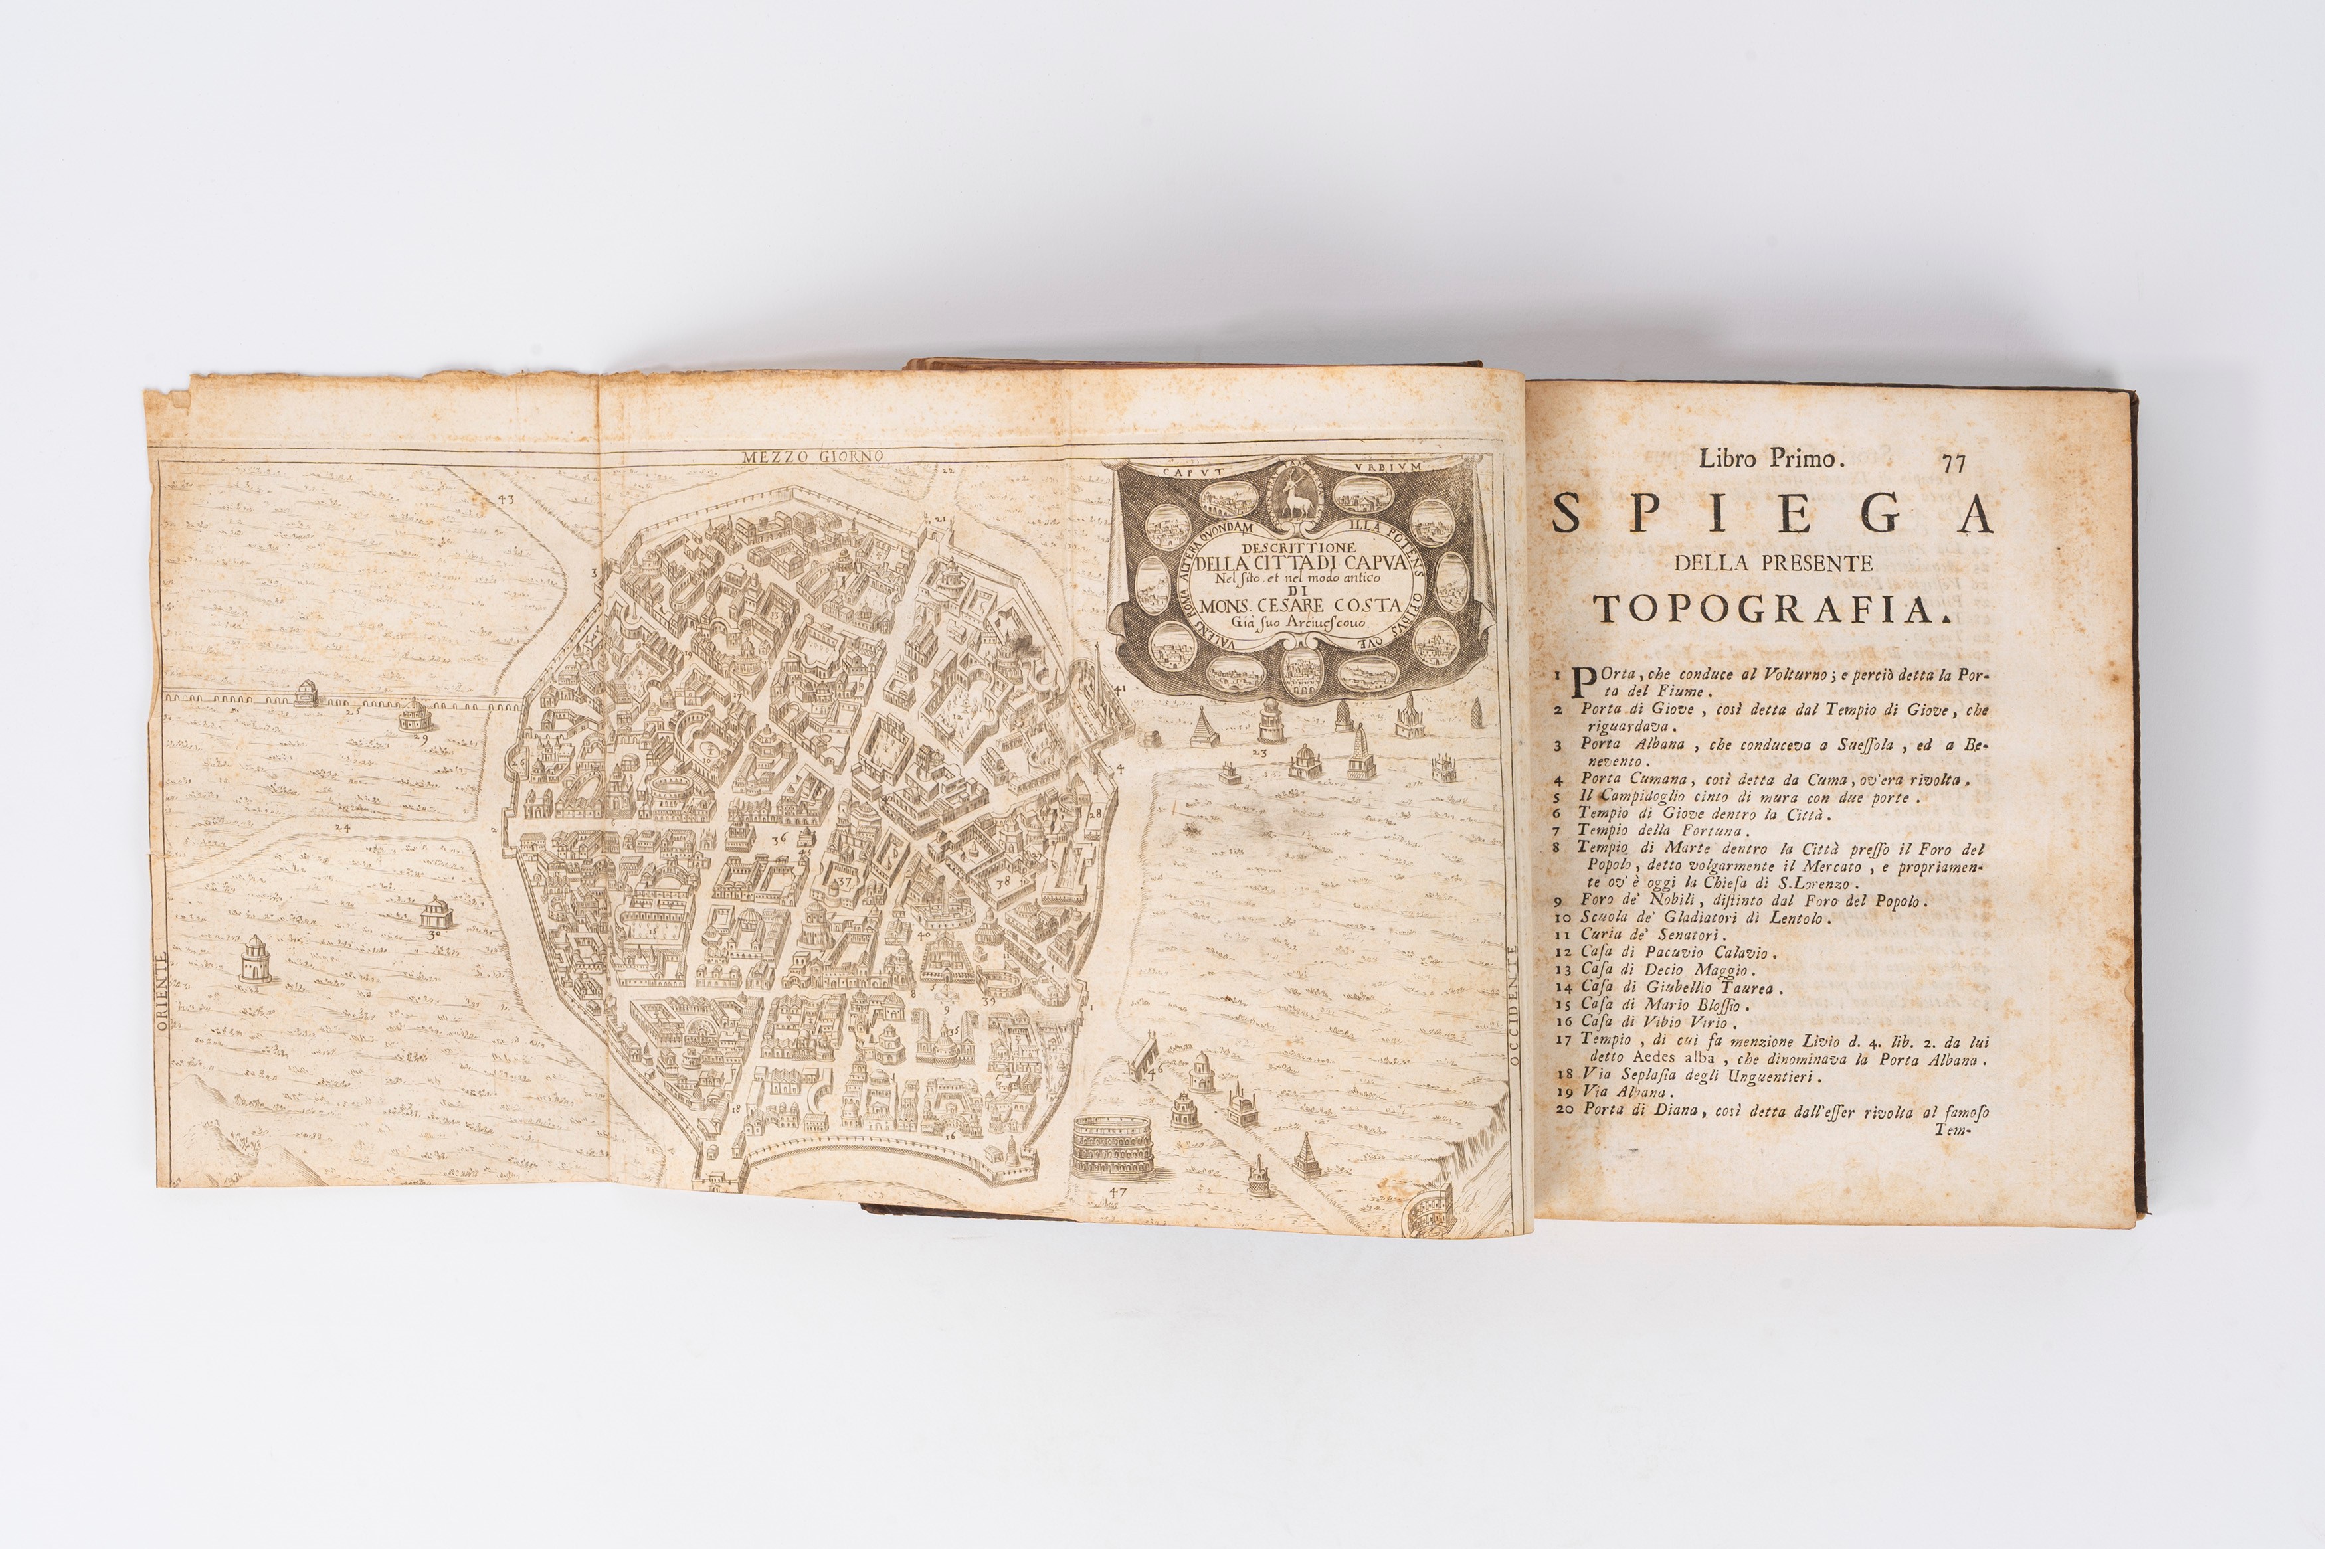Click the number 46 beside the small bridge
click(1158, 1068)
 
